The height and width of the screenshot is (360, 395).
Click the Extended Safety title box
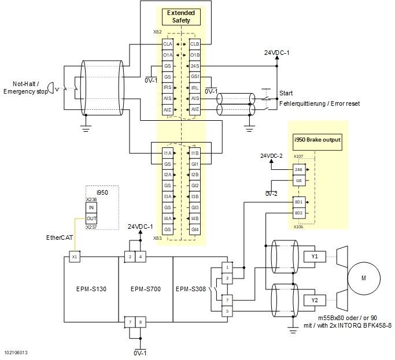181,17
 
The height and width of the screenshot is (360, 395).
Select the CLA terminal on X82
167,44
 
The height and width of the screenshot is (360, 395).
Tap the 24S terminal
195,66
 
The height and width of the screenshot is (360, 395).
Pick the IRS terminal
167,87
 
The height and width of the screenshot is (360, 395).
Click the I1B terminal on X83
195,153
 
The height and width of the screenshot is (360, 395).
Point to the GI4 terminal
195,229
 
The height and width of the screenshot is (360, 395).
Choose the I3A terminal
167,196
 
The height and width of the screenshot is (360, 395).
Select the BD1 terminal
298,202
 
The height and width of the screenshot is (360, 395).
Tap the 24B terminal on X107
298,169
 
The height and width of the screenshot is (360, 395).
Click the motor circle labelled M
363,278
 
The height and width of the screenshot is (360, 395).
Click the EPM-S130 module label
90,289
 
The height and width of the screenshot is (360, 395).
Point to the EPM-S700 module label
145,289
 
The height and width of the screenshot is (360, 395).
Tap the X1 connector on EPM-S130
74,256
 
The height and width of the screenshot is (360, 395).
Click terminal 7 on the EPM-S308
227,300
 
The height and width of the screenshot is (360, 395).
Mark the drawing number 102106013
16,352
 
